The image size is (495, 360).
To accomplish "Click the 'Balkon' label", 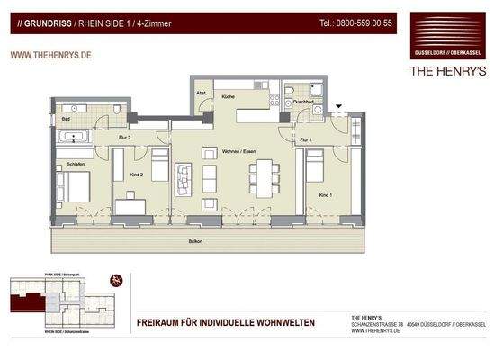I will pyautogui.click(x=195, y=241).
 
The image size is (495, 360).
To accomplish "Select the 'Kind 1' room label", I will pyautogui.click(x=325, y=195).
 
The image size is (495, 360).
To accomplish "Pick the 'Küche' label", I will pyautogui.click(x=228, y=95).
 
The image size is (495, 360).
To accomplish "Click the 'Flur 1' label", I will pyautogui.click(x=306, y=139).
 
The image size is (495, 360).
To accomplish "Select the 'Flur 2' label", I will pyautogui.click(x=124, y=138).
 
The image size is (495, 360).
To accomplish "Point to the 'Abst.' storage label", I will pyautogui.click(x=202, y=94).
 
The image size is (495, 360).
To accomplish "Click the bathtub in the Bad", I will pyautogui.click(x=73, y=138).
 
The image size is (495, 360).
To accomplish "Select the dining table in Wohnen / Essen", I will pyautogui.click(x=264, y=175).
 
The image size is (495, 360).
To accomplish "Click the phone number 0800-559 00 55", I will pyautogui.click(x=355, y=22).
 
